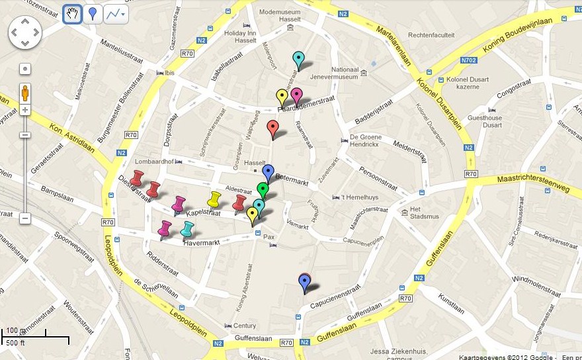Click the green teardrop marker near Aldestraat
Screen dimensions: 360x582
(x=263, y=190)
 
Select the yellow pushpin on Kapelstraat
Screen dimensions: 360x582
(x=214, y=199)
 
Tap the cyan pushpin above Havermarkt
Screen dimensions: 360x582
(x=188, y=229)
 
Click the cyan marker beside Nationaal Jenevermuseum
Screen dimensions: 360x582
(x=298, y=59)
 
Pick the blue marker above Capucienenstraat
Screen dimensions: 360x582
(x=304, y=283)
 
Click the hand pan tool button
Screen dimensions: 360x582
(x=72, y=13)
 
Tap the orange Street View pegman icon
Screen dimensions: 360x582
(x=24, y=92)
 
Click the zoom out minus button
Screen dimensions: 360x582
(x=24, y=218)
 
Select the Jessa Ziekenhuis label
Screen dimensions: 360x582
(x=397, y=351)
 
